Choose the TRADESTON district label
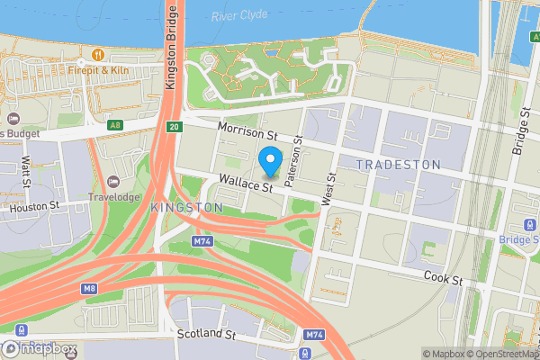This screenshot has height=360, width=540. [398, 165]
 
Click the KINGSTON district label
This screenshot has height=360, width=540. [187, 208]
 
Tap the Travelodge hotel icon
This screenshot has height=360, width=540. [112, 182]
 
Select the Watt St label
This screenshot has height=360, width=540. [26, 171]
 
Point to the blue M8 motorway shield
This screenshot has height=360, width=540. [88, 289]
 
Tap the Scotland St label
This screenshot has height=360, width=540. [205, 333]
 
